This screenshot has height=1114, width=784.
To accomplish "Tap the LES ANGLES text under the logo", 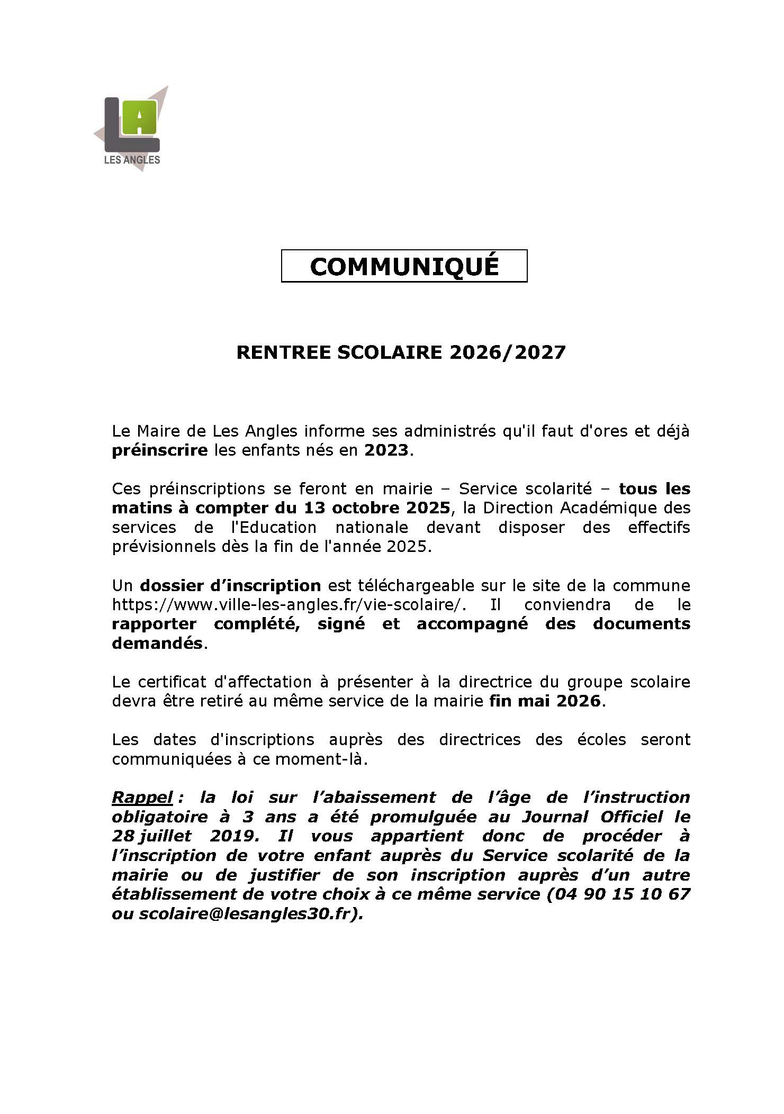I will coord(132,160).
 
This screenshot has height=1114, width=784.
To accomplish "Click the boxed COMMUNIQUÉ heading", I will coord(404,266).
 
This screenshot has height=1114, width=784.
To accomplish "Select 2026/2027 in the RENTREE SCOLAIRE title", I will coord(508,352).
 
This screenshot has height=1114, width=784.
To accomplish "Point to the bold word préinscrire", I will coord(159,451).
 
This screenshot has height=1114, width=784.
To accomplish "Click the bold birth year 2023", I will coord(386,451).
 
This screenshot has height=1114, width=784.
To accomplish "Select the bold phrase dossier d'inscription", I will coord(230,586).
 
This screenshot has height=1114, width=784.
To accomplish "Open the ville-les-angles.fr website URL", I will coord(289,605).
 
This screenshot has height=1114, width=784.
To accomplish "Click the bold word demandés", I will coord(157,644).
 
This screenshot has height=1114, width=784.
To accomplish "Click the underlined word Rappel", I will coord(142,798).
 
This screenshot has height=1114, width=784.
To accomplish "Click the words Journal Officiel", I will coord(592,817).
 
